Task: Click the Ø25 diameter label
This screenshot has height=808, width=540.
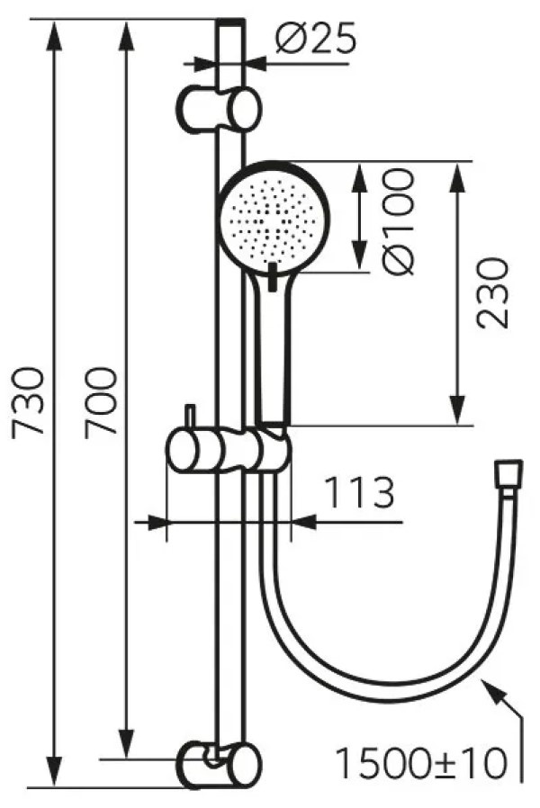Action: click(315, 40)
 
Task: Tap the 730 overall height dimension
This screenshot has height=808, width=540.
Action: click(29, 403)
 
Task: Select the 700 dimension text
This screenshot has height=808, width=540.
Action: click(102, 403)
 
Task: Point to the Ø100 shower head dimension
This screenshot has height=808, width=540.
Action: click(398, 221)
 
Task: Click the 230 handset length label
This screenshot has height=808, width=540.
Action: click(492, 293)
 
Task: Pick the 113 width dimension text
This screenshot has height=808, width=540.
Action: click(360, 493)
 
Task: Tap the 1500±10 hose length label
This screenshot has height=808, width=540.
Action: click(421, 763)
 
